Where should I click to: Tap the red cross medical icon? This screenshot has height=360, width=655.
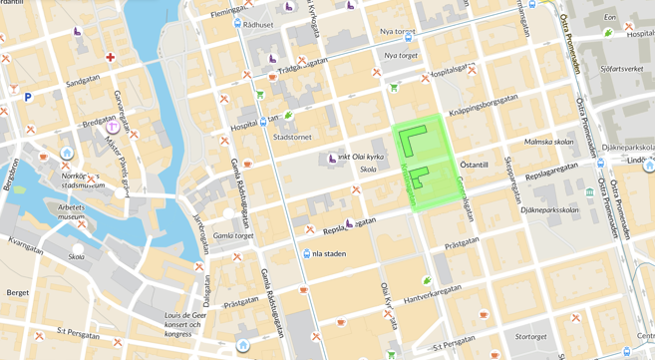[110, 57]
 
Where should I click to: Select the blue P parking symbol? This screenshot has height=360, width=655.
[28, 98]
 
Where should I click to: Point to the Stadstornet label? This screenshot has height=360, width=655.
[292, 138]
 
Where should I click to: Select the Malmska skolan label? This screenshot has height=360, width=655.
[548, 142]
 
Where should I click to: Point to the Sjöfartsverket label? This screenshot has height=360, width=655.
[622, 69]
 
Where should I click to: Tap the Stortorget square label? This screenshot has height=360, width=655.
[530, 337]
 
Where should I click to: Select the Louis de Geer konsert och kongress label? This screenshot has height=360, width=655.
[190, 325]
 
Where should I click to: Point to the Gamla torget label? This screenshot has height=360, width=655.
[233, 236]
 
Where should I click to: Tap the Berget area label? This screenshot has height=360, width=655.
[18, 293]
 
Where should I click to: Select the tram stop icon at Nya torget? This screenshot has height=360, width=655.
[409, 37]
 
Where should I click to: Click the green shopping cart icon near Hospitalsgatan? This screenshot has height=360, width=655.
[394, 88]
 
